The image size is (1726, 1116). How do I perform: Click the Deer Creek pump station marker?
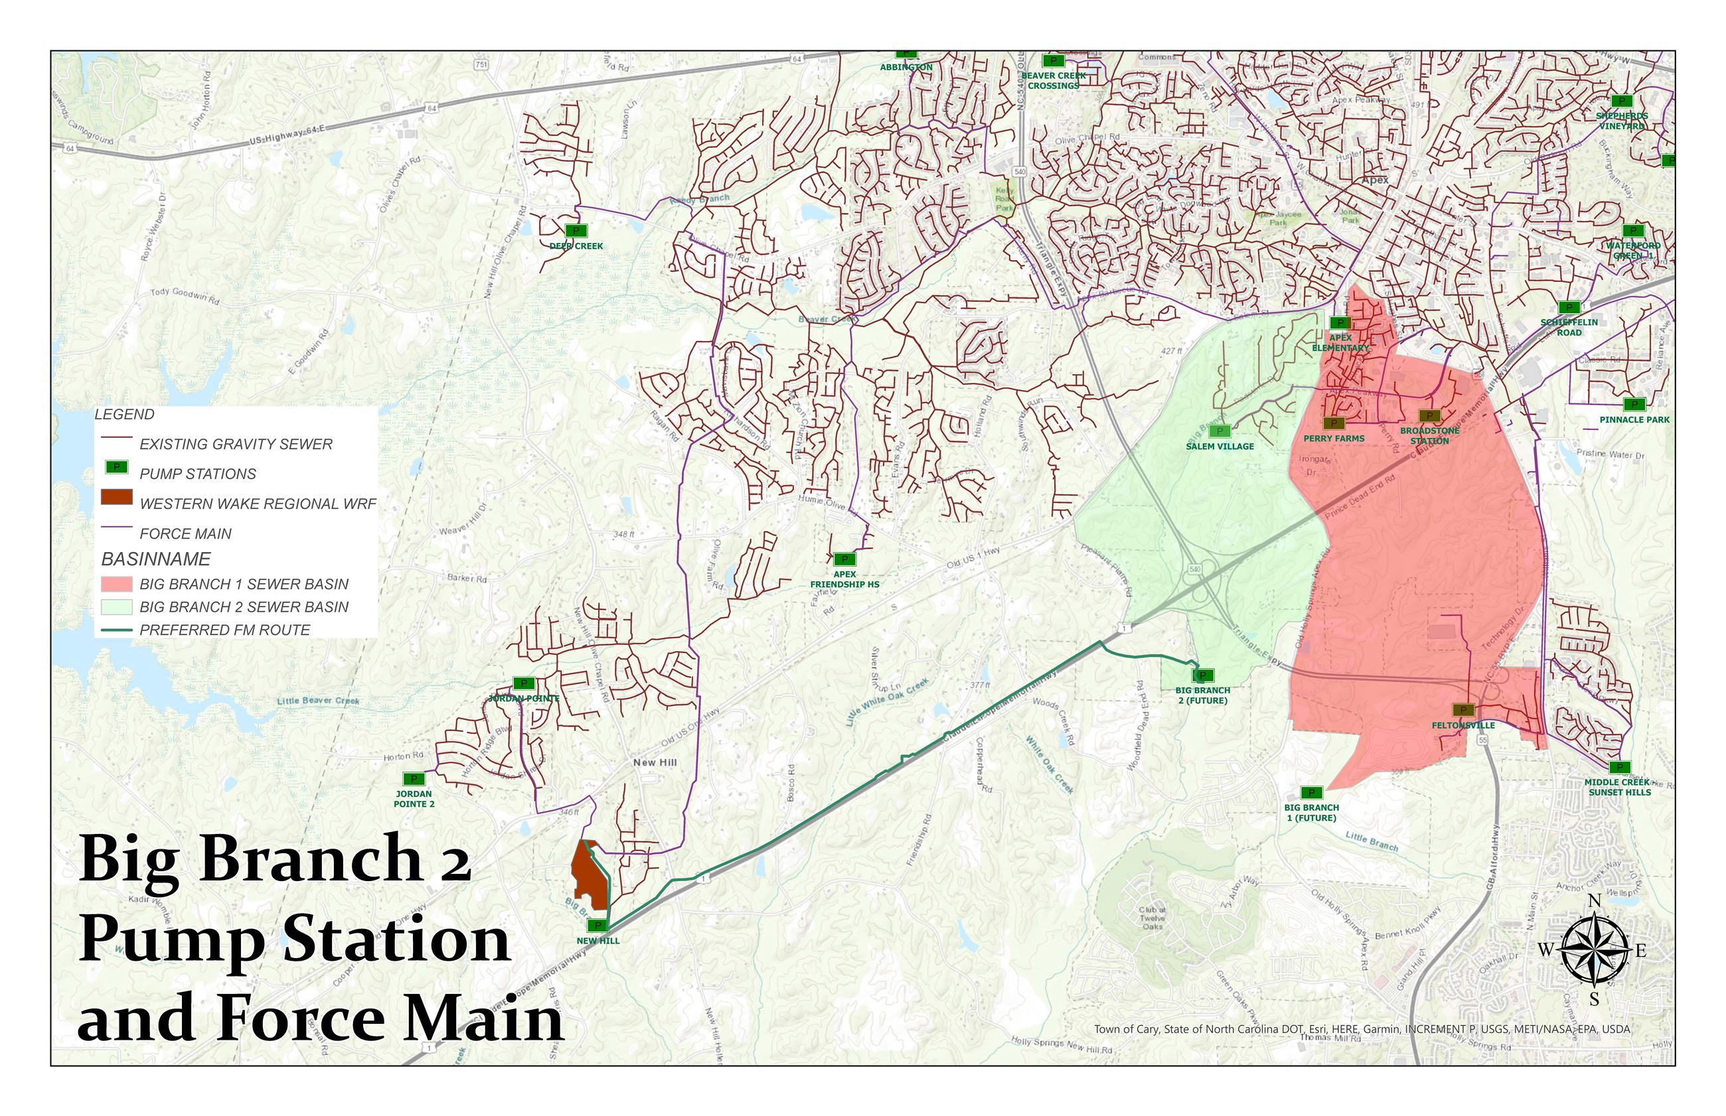[576, 231]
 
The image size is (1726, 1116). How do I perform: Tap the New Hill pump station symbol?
[598, 926]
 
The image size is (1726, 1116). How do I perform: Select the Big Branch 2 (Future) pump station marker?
[1203, 675]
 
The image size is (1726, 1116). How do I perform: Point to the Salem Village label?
[1219, 447]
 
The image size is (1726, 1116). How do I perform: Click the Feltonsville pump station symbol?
[1463, 710]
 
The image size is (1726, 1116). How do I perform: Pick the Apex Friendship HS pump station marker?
[844, 559]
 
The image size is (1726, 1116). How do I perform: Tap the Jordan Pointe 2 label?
[414, 799]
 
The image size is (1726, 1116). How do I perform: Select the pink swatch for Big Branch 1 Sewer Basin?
[116, 584]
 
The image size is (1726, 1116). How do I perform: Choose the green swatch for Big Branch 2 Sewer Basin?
[116, 607]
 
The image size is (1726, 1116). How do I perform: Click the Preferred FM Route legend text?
[225, 630]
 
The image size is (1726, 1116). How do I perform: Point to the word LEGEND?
[125, 415]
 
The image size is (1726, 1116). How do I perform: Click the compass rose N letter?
[1594, 901]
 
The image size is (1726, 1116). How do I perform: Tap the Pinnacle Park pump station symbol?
[1634, 404]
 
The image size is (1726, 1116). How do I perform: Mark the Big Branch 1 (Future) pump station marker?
[1310, 793]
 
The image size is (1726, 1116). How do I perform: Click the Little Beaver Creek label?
[318, 701]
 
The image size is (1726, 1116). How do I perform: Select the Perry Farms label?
[1334, 439]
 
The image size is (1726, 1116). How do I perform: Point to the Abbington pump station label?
[906, 68]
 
